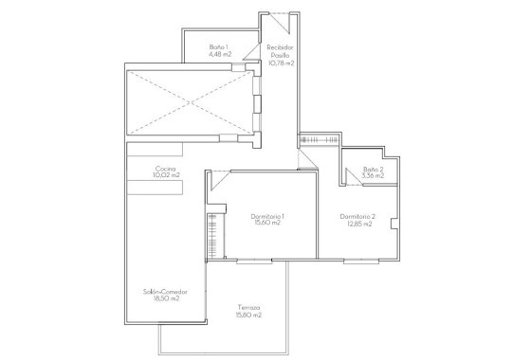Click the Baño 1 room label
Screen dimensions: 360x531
click(220, 46)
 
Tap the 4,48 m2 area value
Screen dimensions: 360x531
click(220, 54)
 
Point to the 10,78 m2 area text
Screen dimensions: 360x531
click(280, 63)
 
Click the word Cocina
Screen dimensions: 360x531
click(167, 169)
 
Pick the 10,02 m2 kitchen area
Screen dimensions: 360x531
click(167, 176)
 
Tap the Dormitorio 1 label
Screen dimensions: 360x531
click(268, 217)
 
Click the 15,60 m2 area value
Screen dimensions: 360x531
click(268, 224)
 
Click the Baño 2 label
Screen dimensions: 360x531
click(373, 169)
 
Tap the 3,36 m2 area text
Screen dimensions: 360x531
click(373, 176)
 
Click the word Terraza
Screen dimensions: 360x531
click(248, 308)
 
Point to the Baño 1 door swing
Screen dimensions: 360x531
click(249, 54)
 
